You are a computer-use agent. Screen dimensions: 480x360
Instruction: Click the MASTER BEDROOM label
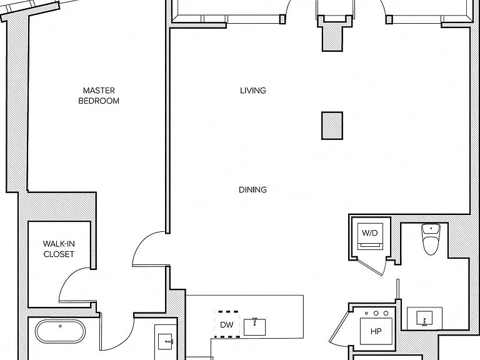tap(99, 96)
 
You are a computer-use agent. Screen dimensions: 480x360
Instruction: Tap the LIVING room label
tap(253, 91)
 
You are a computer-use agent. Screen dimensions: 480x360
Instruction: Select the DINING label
tap(252, 190)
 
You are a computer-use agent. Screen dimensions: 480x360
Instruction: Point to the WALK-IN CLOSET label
tap(59, 249)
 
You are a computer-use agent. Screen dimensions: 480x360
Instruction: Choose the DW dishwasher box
tap(227, 324)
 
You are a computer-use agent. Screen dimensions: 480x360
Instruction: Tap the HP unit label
tap(376, 331)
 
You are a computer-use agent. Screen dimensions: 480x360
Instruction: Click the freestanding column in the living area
tap(332, 126)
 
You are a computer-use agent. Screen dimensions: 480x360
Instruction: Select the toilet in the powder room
tap(431, 239)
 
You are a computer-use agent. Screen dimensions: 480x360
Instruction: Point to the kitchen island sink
tap(255, 327)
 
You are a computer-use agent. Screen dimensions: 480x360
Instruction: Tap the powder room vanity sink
tap(424, 318)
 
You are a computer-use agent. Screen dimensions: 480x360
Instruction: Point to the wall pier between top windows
tap(332, 34)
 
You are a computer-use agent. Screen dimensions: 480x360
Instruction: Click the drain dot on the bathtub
tap(60, 326)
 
